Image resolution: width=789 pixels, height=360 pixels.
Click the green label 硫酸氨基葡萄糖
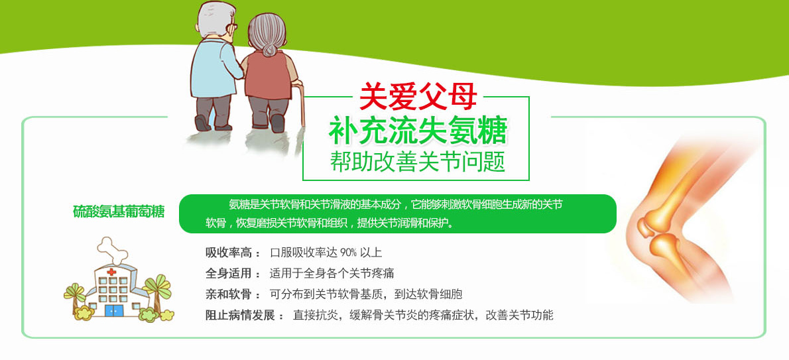coord(119,211)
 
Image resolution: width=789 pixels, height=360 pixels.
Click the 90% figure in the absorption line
coord(348,252)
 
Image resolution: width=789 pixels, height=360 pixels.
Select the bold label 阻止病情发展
coord(240,316)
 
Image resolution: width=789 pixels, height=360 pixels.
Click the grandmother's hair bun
coord(270,49)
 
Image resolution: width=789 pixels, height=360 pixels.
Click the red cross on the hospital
coord(111,272)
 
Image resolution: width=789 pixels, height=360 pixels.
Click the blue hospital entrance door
coord(114,310)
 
